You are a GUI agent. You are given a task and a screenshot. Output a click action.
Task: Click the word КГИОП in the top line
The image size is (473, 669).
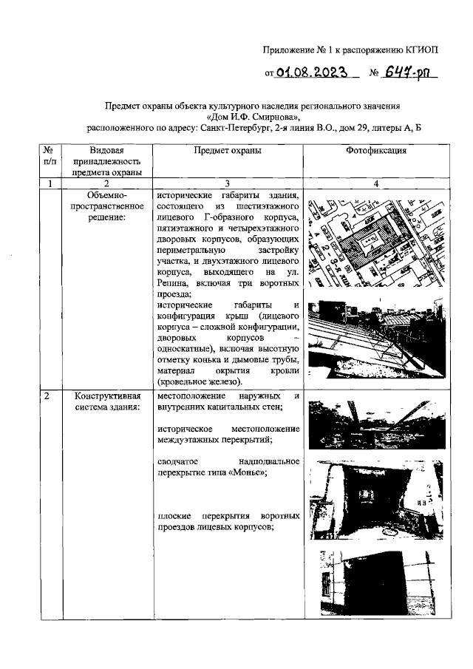click(x=422, y=50)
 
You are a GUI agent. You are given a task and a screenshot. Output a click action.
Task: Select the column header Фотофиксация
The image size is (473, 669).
click(x=377, y=150)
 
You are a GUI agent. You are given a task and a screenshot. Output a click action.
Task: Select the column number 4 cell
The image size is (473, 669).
click(x=377, y=184)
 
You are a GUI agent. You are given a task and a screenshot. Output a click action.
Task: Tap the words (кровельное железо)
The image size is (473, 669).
click(x=200, y=381)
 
